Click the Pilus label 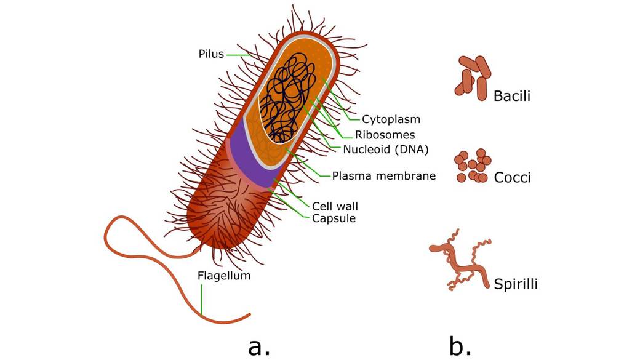(x=210, y=54)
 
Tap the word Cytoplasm (x=391, y=119)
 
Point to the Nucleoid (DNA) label (x=385, y=149)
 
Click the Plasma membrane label (x=383, y=175)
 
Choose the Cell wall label (x=335, y=206)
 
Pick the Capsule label (x=334, y=218)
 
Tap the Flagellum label (x=224, y=276)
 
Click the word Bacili (x=511, y=96)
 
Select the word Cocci (x=512, y=178)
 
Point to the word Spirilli (x=516, y=284)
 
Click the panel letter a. (x=258, y=347)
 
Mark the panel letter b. (x=460, y=346)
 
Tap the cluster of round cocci (x=473, y=166)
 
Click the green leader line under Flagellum (x=201, y=301)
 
